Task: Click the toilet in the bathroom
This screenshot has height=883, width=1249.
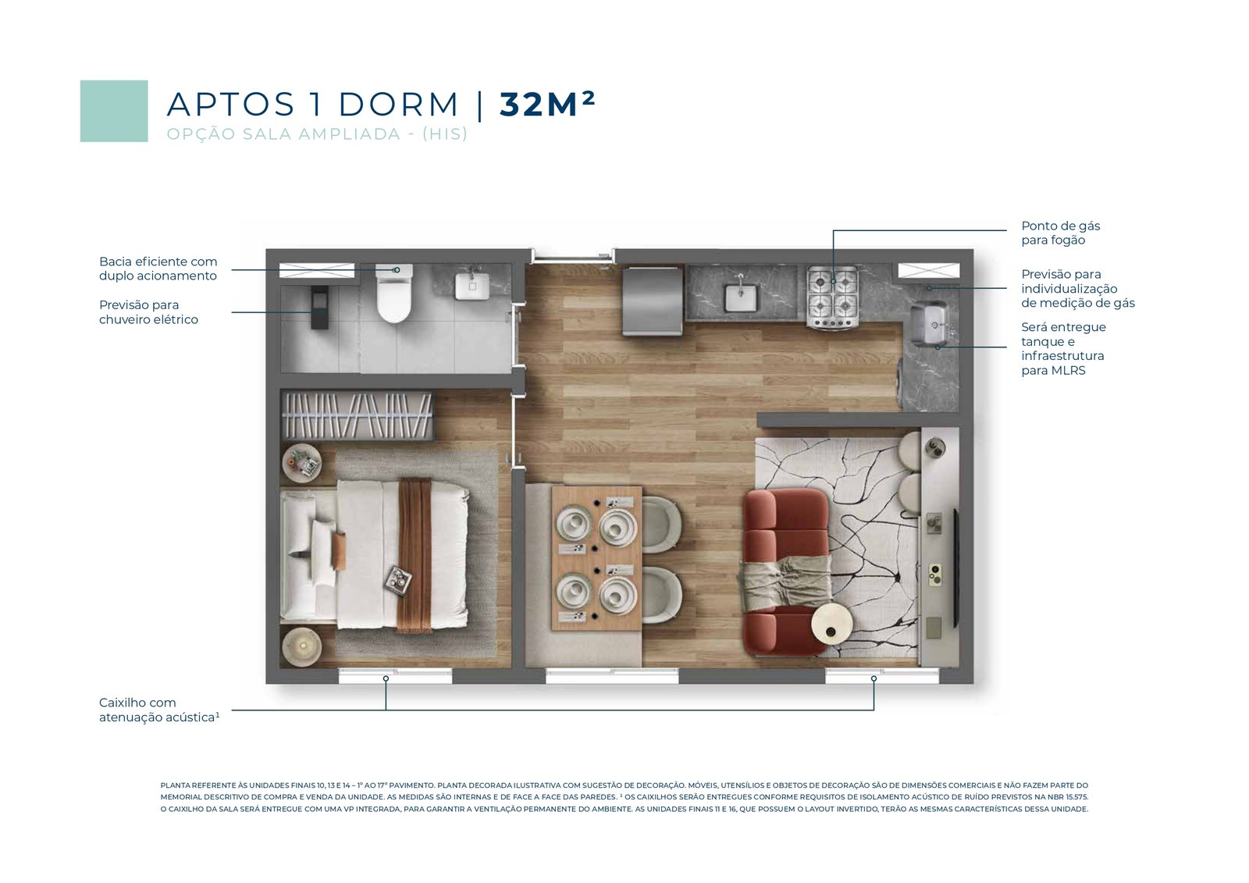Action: pyautogui.click(x=394, y=294)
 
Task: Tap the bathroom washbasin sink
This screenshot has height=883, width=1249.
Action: pyautogui.click(x=472, y=284)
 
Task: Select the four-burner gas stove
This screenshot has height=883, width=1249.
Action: pyautogui.click(x=833, y=297)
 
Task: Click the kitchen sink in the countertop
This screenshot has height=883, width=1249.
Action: pyautogui.click(x=741, y=297)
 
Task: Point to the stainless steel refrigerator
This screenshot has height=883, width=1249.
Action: pyautogui.click(x=653, y=301)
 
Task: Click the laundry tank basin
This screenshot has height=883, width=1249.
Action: pyautogui.click(x=930, y=324)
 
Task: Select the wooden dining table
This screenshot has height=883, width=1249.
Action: pyautogui.click(x=596, y=558)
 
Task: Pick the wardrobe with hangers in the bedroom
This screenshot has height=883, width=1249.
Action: pyautogui.click(x=358, y=415)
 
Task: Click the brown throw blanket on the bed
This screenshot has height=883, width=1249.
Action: pyautogui.click(x=415, y=556)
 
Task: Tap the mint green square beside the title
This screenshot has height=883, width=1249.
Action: pyautogui.click(x=114, y=111)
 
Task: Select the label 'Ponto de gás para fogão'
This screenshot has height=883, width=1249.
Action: pyautogui.click(x=1061, y=233)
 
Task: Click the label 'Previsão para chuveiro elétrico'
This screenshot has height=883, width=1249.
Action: pyautogui.click(x=148, y=312)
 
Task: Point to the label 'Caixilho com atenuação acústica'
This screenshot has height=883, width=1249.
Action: pyautogui.click(x=159, y=710)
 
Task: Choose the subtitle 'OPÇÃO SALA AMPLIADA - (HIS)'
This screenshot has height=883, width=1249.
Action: pyautogui.click(x=317, y=134)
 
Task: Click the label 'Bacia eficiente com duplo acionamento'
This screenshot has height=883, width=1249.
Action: pyautogui.click(x=158, y=269)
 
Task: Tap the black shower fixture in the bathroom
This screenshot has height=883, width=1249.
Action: pyautogui.click(x=319, y=308)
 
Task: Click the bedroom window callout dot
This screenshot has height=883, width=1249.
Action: pyautogui.click(x=386, y=679)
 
